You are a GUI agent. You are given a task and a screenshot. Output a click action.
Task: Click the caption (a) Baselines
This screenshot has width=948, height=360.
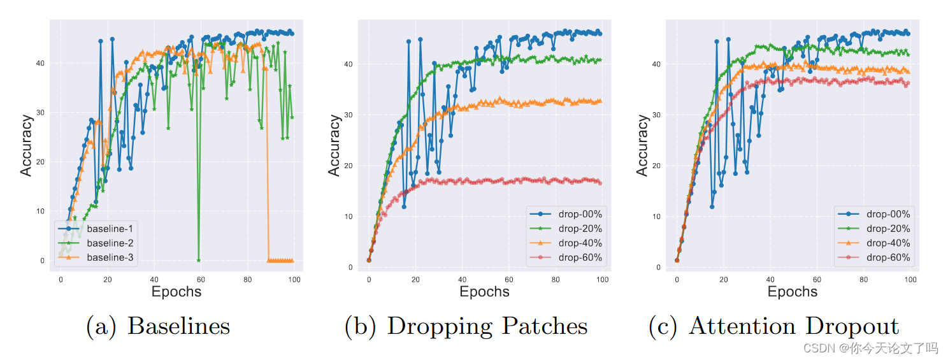(157, 326)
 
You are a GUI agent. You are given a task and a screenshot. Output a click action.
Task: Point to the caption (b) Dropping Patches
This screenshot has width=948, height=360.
(466, 326)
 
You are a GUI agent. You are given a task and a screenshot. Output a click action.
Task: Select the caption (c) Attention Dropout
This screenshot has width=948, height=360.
(773, 326)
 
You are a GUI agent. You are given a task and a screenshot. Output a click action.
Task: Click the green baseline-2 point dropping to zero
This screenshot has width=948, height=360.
(199, 260)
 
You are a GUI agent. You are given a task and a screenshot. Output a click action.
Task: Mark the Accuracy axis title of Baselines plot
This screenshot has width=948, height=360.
(26, 145)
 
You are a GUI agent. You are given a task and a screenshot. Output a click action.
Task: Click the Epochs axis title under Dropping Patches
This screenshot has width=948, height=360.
(484, 292)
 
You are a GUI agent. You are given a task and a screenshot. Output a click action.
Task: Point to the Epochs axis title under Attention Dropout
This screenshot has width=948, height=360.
(793, 292)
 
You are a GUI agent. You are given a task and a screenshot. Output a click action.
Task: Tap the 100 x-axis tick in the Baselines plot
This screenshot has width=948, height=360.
(294, 279)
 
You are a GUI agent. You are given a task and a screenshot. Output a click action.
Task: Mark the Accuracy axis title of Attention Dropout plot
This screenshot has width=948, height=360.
(642, 145)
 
